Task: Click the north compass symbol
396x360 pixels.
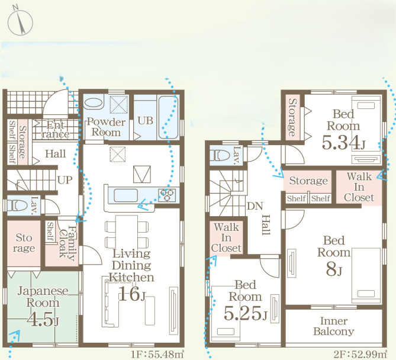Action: point(20,22)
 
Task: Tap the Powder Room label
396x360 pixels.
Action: point(106,127)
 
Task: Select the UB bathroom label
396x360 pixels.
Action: point(146,121)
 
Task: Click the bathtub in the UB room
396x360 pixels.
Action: point(169,117)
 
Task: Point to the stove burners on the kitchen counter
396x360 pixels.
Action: point(167,195)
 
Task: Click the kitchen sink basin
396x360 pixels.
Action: point(125,195)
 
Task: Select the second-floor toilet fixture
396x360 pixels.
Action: point(220,155)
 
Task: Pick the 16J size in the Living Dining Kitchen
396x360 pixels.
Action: point(131,294)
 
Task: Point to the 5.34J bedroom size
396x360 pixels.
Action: point(343,143)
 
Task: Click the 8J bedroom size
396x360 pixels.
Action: point(334,269)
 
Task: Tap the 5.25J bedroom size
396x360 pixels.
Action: point(245,313)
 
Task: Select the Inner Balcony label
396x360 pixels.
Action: point(334,326)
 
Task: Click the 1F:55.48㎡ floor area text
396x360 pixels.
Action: point(157,355)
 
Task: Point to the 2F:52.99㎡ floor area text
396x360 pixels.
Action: point(360,355)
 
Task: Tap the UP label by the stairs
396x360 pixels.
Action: point(65,180)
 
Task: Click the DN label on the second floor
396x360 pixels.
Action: point(255,206)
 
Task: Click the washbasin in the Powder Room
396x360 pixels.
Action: point(94,103)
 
